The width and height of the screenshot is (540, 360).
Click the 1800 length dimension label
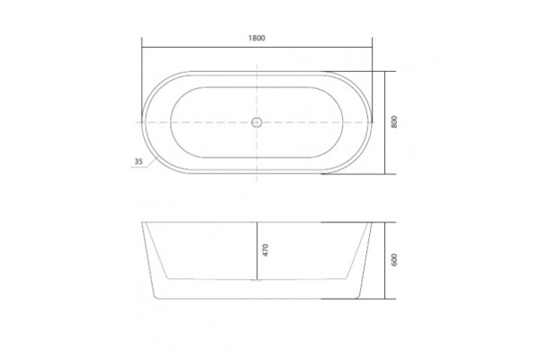[256, 38]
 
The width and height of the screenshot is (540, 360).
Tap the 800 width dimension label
[394, 122]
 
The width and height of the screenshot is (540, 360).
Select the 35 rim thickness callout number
[138, 161]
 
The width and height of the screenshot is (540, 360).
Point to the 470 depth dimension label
[265, 250]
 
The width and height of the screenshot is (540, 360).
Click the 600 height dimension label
[394, 259]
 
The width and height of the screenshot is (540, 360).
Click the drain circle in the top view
[256, 122]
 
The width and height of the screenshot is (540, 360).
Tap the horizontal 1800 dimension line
[256, 47]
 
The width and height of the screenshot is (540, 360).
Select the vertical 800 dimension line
[384, 122]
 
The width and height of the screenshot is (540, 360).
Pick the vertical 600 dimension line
[384, 260]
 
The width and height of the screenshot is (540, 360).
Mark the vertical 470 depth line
[256, 251]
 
